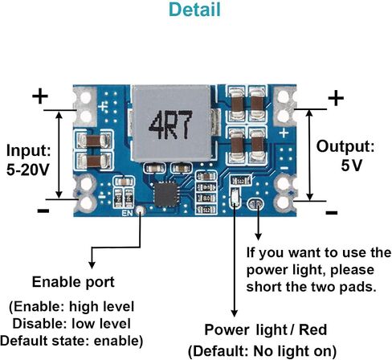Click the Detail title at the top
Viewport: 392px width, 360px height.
point(194,10)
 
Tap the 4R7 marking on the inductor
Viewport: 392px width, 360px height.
point(170,125)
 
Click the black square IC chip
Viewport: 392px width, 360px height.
point(165,194)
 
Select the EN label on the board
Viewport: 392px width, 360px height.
point(127,213)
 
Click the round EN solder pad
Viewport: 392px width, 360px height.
point(140,211)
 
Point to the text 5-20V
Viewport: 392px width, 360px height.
point(28,170)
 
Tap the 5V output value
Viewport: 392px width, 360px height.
point(352,166)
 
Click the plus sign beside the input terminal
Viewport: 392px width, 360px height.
point(40,96)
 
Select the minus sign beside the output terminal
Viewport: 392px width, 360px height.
point(332,213)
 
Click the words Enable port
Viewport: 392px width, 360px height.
point(73,282)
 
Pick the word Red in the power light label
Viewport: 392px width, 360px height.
point(312,329)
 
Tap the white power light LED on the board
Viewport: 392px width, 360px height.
point(235,198)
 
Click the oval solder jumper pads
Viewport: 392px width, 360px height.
point(255,204)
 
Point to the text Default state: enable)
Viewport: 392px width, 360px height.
point(71,341)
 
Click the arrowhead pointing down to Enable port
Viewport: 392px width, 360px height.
point(92,265)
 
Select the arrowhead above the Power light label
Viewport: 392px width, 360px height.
point(235,313)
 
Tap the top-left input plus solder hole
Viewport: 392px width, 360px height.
point(86,97)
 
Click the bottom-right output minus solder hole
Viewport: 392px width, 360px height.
point(283,202)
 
